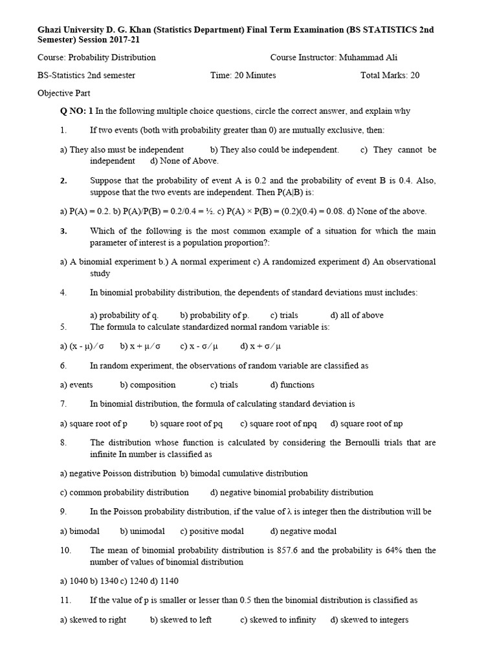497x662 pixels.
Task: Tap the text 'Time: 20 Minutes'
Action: [243, 75]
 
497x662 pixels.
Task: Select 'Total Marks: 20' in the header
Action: [390, 75]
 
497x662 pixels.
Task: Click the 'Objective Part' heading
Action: [64, 93]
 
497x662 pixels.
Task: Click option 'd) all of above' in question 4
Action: [357, 315]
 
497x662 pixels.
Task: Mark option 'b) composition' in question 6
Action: [148, 385]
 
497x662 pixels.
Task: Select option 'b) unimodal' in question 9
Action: [142, 531]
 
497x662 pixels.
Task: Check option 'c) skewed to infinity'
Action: [278, 620]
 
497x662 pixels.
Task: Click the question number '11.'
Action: [65, 601]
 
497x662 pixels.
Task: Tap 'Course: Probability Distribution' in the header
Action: [96, 58]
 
